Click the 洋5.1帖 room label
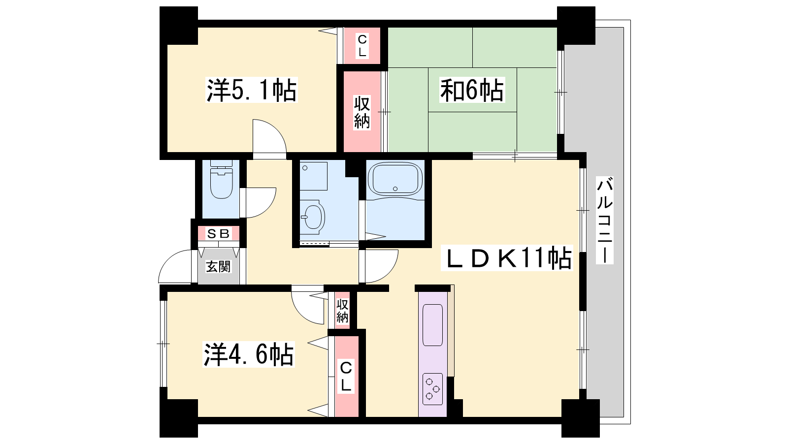tap(252, 90)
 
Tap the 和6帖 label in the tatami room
tap(472, 90)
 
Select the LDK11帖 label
tap(507, 258)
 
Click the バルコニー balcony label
tap(605, 220)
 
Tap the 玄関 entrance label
tap(218, 266)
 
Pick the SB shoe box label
tap(218, 233)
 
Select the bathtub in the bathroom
tap(395, 179)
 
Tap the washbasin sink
tap(313, 217)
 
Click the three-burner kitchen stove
tap(432, 388)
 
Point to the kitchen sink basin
tap(432, 325)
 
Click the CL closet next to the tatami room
tap(362, 46)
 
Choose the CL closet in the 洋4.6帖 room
tap(347, 377)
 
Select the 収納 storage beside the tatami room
tap(362, 112)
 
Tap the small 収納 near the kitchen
tap(342, 311)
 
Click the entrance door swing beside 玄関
tap(175, 266)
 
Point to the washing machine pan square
tap(313, 176)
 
